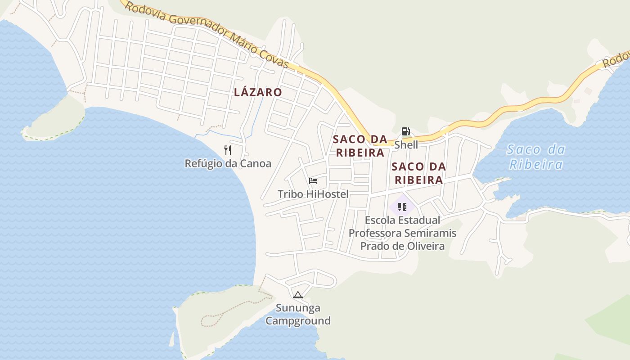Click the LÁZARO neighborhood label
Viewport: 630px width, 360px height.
(258, 92)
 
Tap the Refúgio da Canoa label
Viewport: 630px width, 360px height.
(228, 163)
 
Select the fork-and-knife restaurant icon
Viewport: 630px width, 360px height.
(228, 150)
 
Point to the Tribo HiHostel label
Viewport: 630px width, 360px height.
(313, 194)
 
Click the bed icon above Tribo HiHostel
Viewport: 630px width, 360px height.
(313, 181)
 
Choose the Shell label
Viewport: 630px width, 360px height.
(406, 145)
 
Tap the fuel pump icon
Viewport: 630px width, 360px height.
(406, 131)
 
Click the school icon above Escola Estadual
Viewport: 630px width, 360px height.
(402, 207)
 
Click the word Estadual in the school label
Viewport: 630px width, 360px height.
(418, 220)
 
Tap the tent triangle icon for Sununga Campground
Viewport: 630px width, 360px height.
(297, 295)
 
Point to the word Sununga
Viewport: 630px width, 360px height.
(298, 308)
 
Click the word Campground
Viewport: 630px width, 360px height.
(298, 321)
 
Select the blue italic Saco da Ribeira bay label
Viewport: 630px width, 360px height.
(535, 157)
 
